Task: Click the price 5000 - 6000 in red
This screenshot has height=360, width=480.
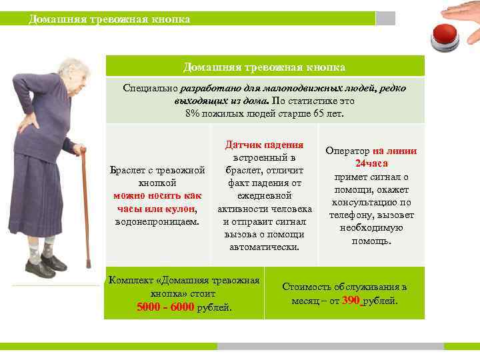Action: pos(165,307)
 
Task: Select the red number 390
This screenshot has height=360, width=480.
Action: pos(351,301)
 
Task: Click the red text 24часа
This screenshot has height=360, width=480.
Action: pos(371,163)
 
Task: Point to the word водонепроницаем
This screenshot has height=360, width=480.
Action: pos(157,221)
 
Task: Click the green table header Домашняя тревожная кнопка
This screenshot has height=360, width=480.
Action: pos(264,67)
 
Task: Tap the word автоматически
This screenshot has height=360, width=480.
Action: pos(265,247)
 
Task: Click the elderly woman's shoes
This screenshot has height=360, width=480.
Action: pos(45,267)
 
